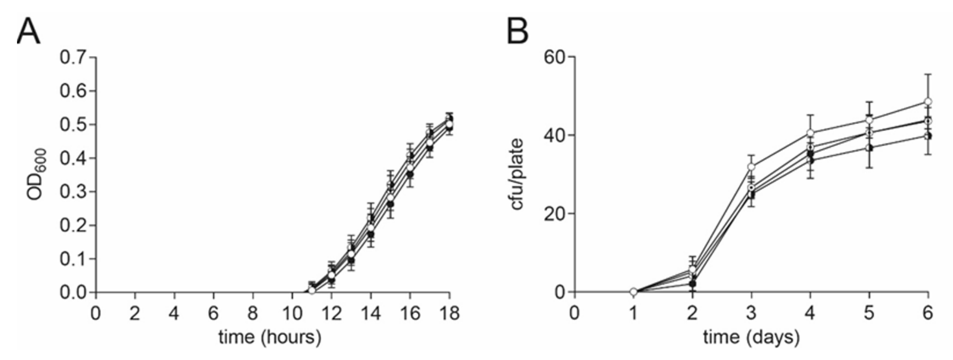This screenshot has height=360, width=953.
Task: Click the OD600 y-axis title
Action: [x=37, y=174]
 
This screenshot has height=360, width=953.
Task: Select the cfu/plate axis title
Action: [x=518, y=174]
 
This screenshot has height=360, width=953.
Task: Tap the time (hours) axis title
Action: [x=270, y=337]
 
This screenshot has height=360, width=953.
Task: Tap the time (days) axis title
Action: [x=751, y=337]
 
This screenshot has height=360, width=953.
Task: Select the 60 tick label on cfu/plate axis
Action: [x=555, y=57]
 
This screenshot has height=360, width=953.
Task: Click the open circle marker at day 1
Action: [x=633, y=292]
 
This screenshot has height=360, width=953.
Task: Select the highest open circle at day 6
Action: [x=928, y=101]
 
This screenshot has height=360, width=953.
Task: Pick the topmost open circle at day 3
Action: [x=751, y=167]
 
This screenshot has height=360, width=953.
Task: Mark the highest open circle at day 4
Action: [x=810, y=133]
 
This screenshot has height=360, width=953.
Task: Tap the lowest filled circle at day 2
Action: [x=693, y=284]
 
